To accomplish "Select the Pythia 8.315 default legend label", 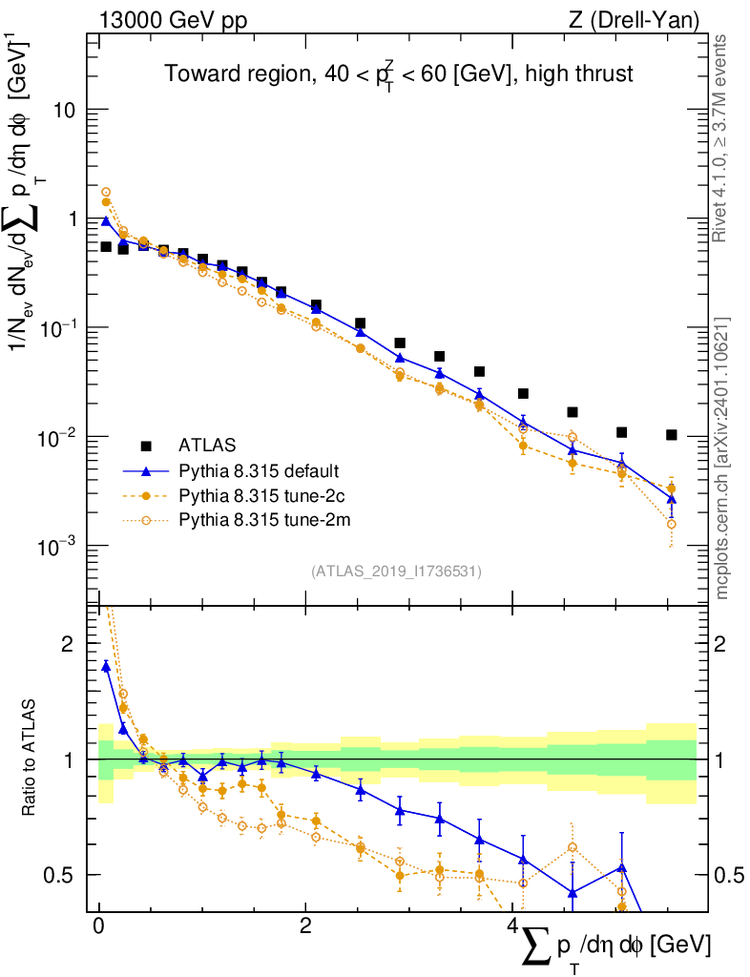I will coord(259,471).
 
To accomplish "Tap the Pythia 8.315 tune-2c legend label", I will coord(259,495).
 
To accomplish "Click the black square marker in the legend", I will coord(146,446).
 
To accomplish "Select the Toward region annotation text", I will coord(398,74).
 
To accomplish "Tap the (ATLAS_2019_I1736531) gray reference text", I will coord(396,572).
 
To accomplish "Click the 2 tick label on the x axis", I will coord(305,927).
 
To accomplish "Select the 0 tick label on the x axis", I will coord(98,927).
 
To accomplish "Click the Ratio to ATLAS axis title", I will coord(30,759).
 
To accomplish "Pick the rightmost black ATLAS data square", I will coord(672,435).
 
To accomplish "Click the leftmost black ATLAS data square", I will coord(106,247).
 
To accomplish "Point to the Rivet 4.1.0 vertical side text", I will coord(722,138).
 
